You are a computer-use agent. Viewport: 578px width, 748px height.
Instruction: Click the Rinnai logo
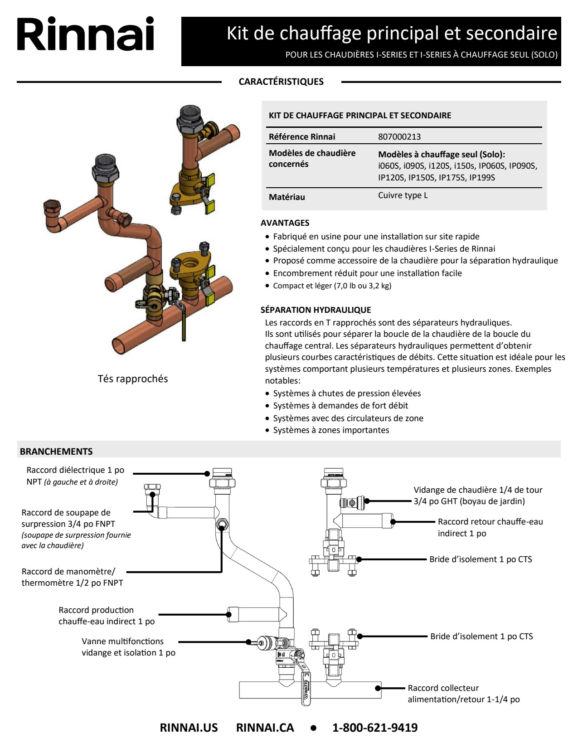86,34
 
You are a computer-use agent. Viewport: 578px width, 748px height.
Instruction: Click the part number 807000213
399,136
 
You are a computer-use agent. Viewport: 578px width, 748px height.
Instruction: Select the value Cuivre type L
403,195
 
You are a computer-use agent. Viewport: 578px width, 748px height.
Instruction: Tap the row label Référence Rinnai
302,136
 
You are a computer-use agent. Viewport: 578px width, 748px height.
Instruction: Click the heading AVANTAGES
285,223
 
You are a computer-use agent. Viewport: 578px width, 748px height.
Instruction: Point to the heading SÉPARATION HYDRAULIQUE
316,310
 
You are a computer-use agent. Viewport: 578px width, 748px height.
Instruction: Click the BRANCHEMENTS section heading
56,451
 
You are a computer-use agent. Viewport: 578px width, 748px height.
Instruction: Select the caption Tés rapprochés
133,379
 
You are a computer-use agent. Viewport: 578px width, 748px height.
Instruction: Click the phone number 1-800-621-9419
375,728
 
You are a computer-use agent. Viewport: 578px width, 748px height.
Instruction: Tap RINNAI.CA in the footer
265,728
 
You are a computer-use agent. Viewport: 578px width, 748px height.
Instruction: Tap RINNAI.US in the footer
189,728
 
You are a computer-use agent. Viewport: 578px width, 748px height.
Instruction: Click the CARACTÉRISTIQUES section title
281,82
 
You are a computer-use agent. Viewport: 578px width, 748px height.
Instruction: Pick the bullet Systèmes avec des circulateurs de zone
348,418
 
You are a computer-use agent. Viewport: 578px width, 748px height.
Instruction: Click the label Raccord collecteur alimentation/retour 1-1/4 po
463,694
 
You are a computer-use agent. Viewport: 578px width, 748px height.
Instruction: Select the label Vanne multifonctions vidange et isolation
128,647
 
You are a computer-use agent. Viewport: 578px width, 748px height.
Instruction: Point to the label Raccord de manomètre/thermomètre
72,577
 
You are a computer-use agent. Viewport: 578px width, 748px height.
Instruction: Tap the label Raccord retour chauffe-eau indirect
490,527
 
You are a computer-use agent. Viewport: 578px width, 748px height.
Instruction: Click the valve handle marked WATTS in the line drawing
306,689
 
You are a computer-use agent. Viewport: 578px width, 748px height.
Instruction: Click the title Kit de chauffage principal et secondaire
392,33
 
